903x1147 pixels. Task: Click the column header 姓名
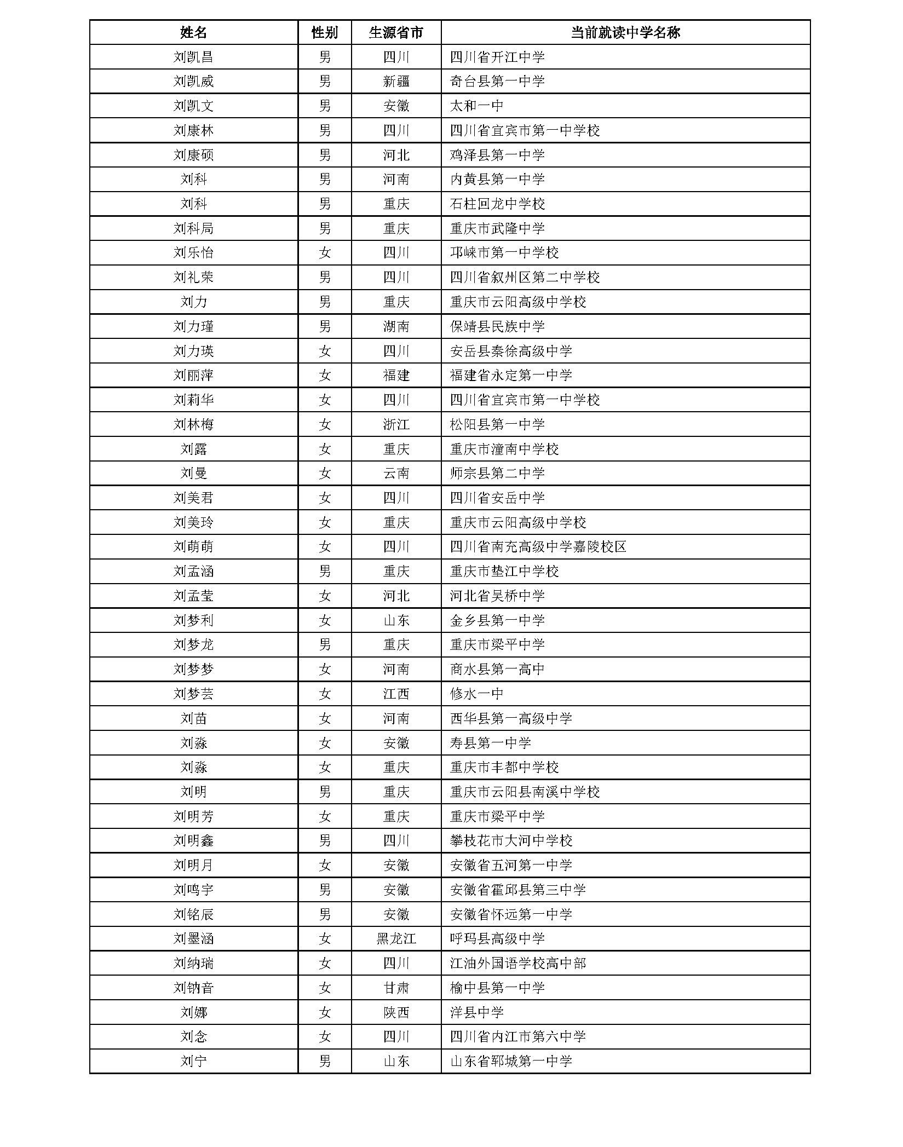pos(193,33)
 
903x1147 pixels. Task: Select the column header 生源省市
pos(396,33)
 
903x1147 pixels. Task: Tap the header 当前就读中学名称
pos(625,33)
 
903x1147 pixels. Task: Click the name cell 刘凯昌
pos(193,57)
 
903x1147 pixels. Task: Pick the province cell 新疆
pos(396,82)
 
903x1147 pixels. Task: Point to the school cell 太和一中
pos(476,106)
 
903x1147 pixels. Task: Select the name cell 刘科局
pos(193,228)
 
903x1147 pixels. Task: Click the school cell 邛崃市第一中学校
pos(504,253)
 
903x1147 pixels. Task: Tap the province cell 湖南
pos(396,326)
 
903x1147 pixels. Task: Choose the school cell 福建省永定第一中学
pos(510,376)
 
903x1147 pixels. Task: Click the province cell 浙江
pos(396,424)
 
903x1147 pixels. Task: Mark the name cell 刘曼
pos(193,473)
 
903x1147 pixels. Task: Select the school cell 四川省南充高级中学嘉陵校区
pos(538,546)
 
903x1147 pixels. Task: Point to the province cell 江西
pos(396,694)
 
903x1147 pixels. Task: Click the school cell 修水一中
pos(476,694)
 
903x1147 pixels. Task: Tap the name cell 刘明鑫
pos(193,840)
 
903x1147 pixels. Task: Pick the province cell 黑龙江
pos(396,938)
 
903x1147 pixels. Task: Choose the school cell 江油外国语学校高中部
pos(517,963)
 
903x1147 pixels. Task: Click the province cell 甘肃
pos(396,988)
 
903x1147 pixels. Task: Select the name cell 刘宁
pos(193,1061)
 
